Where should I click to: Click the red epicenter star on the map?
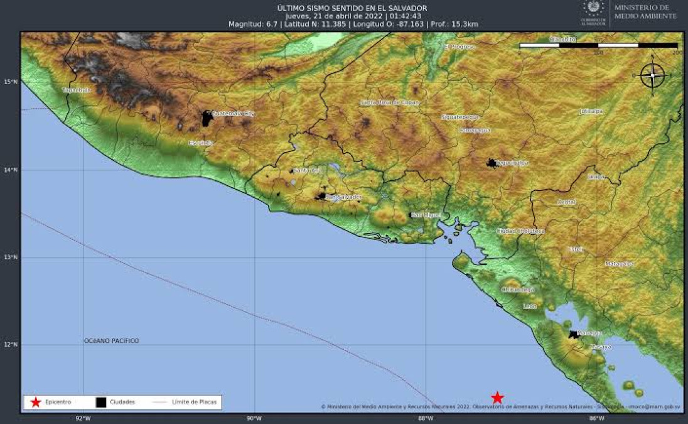(x=497, y=397)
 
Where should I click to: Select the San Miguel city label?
(x=427, y=215)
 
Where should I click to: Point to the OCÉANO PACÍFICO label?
(x=112, y=340)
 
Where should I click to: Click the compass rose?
(x=652, y=75)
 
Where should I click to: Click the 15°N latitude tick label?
(x=11, y=82)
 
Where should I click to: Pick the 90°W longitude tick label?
(x=254, y=418)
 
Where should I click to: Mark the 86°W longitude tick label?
(x=596, y=418)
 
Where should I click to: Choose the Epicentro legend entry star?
(x=36, y=402)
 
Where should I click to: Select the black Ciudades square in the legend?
(x=100, y=402)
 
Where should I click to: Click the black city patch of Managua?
(x=573, y=334)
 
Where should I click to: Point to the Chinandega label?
(x=518, y=290)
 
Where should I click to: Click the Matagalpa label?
(x=620, y=264)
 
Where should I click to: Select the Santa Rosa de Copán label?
(x=389, y=102)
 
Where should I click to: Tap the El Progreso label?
(x=460, y=47)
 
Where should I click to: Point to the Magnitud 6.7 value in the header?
(x=255, y=24)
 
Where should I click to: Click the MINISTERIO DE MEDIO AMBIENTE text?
(x=645, y=11)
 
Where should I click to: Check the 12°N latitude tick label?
(x=11, y=345)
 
